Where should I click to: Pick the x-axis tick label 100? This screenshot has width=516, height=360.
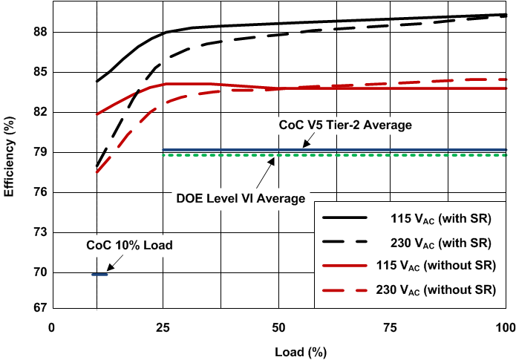[505, 327]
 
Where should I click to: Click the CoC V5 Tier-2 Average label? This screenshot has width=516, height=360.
[344, 125]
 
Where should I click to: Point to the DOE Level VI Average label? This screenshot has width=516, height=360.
[241, 199]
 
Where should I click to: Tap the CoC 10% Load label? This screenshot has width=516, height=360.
[129, 244]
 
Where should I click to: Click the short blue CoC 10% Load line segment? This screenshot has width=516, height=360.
[99, 275]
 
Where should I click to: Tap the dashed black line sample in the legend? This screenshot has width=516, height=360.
[346, 243]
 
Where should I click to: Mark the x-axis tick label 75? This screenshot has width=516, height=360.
[392, 327]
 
